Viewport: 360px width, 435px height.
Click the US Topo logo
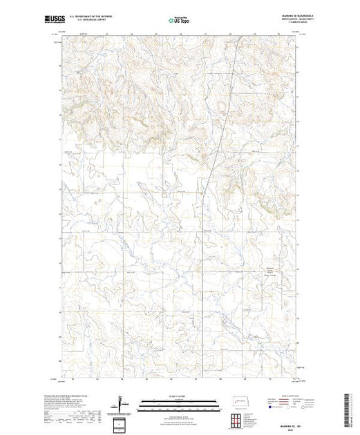pos(180,21)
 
